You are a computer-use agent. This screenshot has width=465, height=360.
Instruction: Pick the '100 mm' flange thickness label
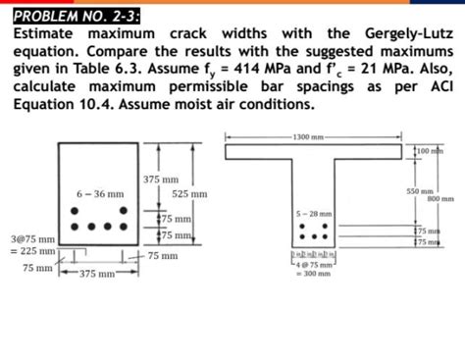tap(434, 151)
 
